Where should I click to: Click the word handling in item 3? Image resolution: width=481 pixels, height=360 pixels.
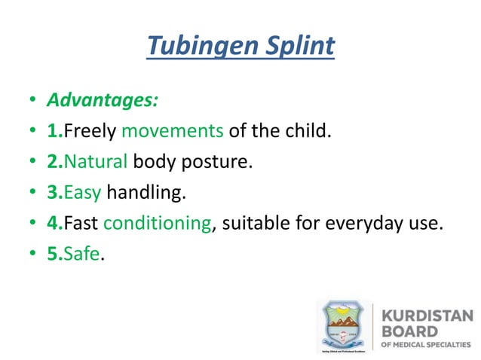point(146,193)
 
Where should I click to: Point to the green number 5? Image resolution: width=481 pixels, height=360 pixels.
point(54,255)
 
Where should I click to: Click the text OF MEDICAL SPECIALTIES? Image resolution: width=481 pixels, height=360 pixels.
point(428,345)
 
